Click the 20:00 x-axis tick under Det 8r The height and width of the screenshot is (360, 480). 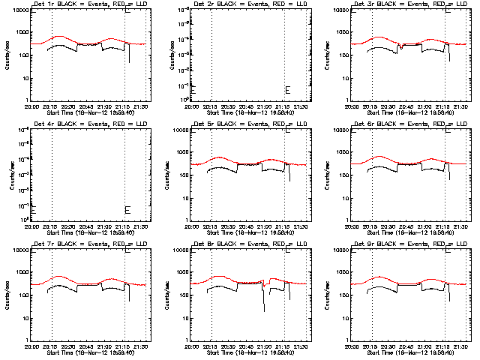(193, 346)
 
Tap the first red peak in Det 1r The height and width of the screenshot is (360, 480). (56, 37)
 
